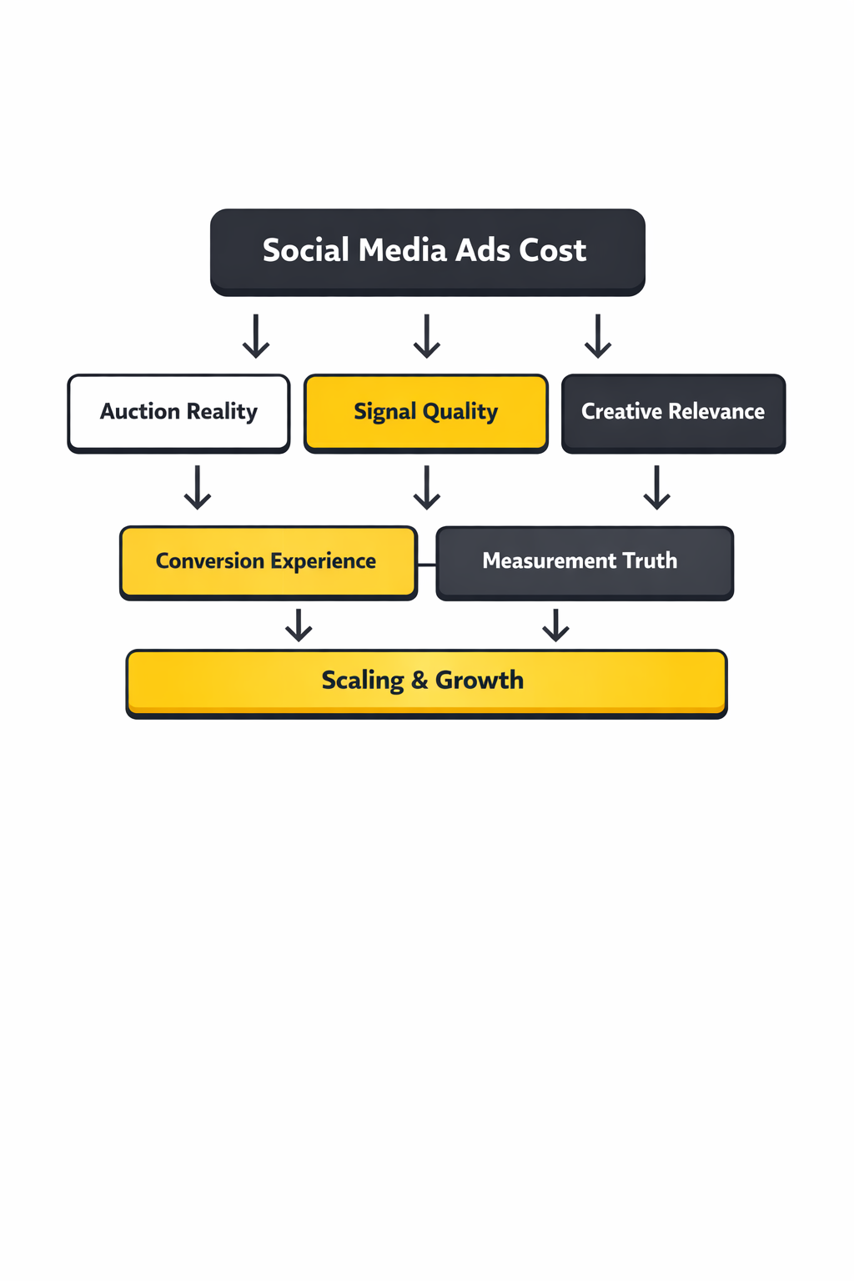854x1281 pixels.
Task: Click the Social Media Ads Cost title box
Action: point(427,252)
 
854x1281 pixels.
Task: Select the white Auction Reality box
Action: point(178,413)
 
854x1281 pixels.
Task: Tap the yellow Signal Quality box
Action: point(425,413)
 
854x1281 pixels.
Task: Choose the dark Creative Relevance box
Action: point(673,413)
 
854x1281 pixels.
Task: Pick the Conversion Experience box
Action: point(268,562)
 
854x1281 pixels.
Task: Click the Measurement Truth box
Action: point(584,562)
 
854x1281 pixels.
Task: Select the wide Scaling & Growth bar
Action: point(426,682)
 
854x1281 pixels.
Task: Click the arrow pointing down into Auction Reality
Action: point(256,336)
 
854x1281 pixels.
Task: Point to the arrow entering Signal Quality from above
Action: point(427,336)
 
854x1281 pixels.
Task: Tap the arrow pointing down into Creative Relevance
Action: point(598,336)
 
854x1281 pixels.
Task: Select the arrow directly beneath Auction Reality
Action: point(198,488)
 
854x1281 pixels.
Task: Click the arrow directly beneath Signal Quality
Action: point(427,488)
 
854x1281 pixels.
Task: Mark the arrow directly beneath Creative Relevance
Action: point(657,488)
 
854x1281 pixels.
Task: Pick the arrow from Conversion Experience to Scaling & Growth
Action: point(299,625)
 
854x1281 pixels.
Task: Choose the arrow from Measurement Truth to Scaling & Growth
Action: point(555,625)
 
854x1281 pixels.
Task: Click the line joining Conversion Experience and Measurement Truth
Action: point(426,565)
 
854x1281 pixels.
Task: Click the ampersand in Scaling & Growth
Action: point(419,681)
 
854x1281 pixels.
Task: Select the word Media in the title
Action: point(403,250)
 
